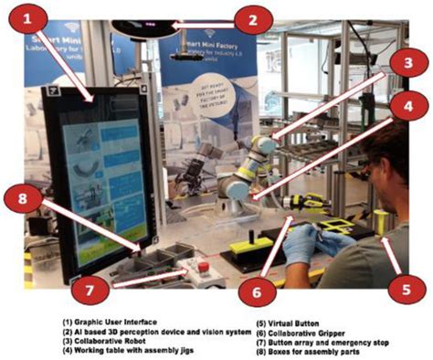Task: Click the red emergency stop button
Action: click(204, 267)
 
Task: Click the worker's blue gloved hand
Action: click(301, 242)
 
